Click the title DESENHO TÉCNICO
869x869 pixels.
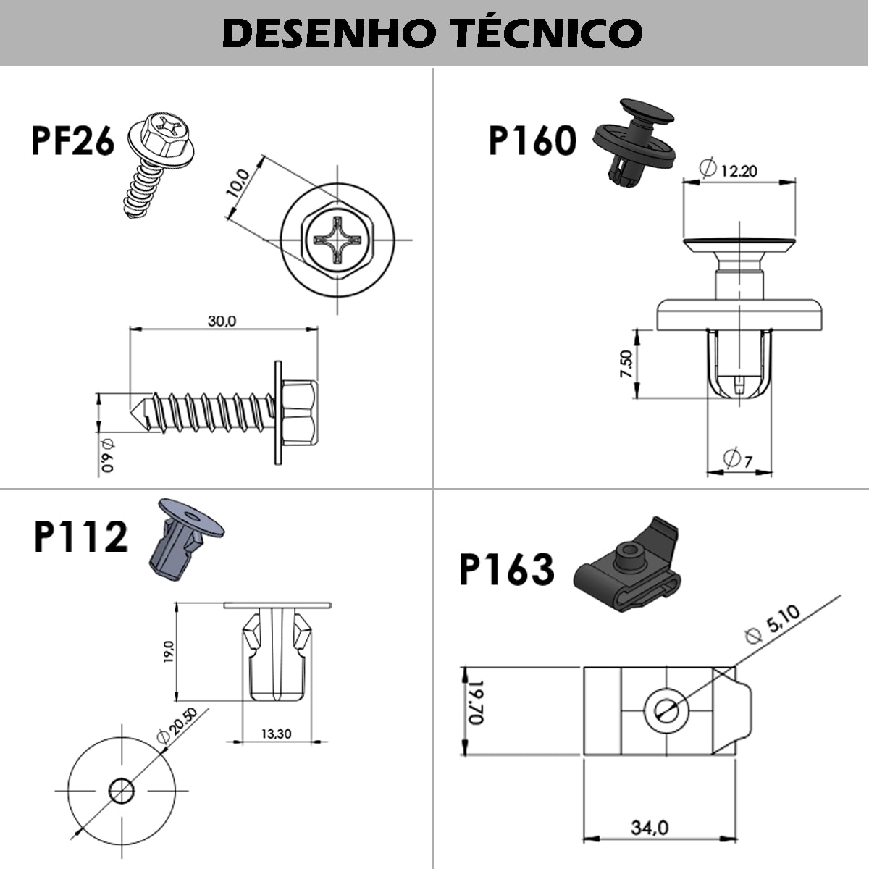coord(432,33)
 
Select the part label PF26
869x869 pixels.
coord(73,140)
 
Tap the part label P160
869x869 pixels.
coord(532,140)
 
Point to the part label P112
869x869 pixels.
coord(80,537)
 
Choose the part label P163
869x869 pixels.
coord(507,569)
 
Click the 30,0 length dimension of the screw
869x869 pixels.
coord(222,321)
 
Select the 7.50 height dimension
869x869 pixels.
coord(626,363)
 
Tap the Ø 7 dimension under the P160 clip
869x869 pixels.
coord(738,458)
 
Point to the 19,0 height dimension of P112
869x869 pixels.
coord(169,652)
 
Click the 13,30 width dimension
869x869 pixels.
coord(276,734)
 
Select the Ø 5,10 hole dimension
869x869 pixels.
coord(773,624)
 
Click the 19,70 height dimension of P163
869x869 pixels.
coord(475,702)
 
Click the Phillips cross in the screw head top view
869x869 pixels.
coord(338,239)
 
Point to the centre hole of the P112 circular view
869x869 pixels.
coord(121,790)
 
